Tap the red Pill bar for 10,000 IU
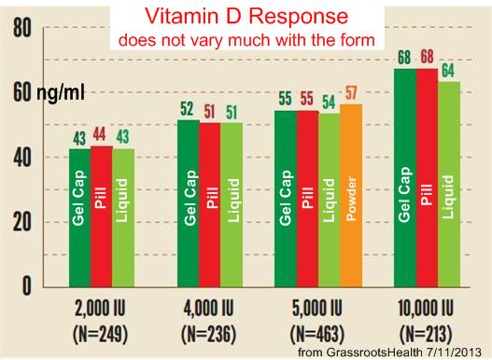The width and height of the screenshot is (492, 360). click(x=427, y=176)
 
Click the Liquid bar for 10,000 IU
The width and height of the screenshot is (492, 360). click(x=449, y=183)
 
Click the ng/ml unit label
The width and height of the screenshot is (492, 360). click(x=61, y=94)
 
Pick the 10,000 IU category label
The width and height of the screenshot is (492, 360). click(x=427, y=309)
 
